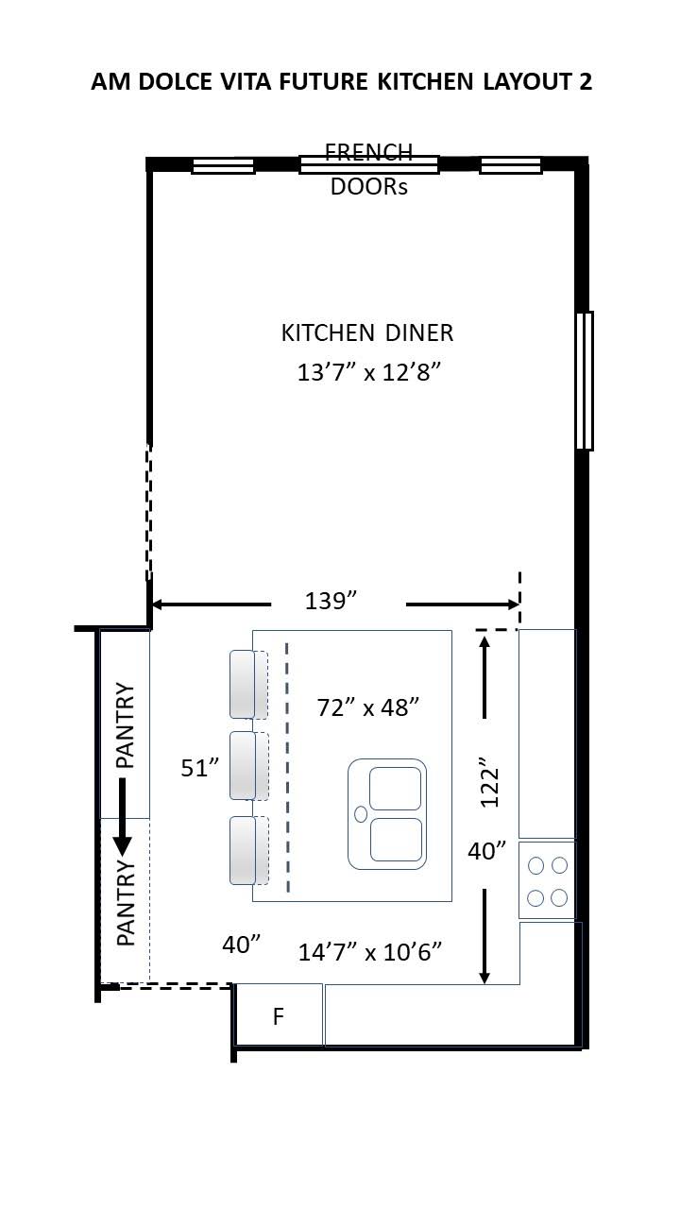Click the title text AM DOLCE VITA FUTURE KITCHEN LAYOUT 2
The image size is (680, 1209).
[341, 82]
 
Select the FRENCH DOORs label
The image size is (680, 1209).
[368, 169]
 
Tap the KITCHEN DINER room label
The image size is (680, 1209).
[367, 333]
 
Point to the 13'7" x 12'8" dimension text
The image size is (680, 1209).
[369, 372]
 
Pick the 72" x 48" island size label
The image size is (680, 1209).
[367, 707]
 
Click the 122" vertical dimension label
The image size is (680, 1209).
[488, 782]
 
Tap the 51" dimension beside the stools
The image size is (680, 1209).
[200, 768]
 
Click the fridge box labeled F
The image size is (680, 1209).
[279, 1016]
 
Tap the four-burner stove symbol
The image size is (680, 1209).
[547, 880]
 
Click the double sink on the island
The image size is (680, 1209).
[387, 813]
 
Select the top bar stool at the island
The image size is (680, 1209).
[244, 683]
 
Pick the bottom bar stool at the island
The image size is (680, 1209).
[244, 850]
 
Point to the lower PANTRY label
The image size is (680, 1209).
[126, 903]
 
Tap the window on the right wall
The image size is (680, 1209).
[585, 381]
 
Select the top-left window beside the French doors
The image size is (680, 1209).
[223, 166]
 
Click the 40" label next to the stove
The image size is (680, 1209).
[487, 851]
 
